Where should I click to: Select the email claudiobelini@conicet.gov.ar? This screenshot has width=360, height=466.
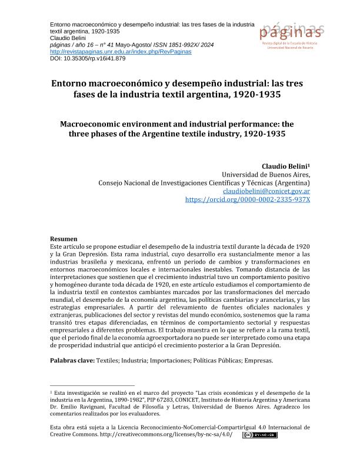click(x=267, y=191)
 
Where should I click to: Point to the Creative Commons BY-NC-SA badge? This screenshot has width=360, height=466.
click(x=259, y=435)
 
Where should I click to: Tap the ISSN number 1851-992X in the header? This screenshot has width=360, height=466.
click(x=174, y=44)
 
